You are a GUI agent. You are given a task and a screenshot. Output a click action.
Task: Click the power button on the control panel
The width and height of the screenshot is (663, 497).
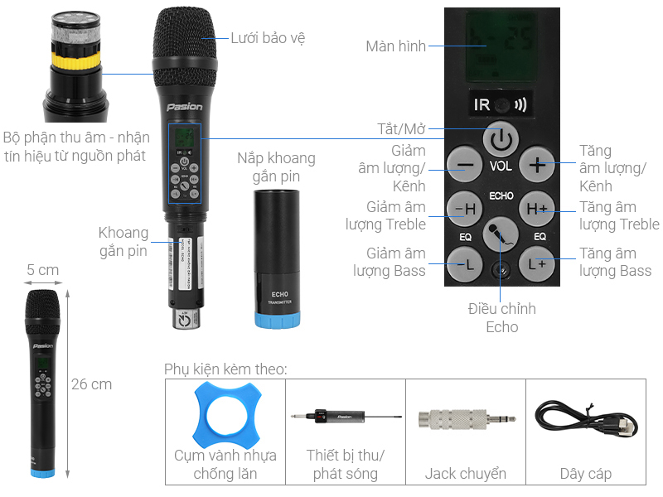point(500,140)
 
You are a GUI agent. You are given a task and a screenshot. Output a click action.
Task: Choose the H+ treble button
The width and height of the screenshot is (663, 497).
point(537,210)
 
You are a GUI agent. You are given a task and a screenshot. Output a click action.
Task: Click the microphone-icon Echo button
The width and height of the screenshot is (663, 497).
point(501,235)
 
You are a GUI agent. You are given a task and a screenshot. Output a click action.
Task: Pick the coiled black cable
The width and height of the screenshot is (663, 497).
point(585,417)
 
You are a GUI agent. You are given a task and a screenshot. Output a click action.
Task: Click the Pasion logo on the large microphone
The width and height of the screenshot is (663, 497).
point(184,107)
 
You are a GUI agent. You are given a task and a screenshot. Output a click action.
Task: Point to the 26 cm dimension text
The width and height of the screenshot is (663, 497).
point(91,384)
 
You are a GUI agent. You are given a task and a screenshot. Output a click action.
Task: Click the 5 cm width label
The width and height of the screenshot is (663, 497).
point(43,270)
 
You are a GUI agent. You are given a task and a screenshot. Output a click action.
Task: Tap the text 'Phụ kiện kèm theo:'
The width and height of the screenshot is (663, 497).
point(225,368)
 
